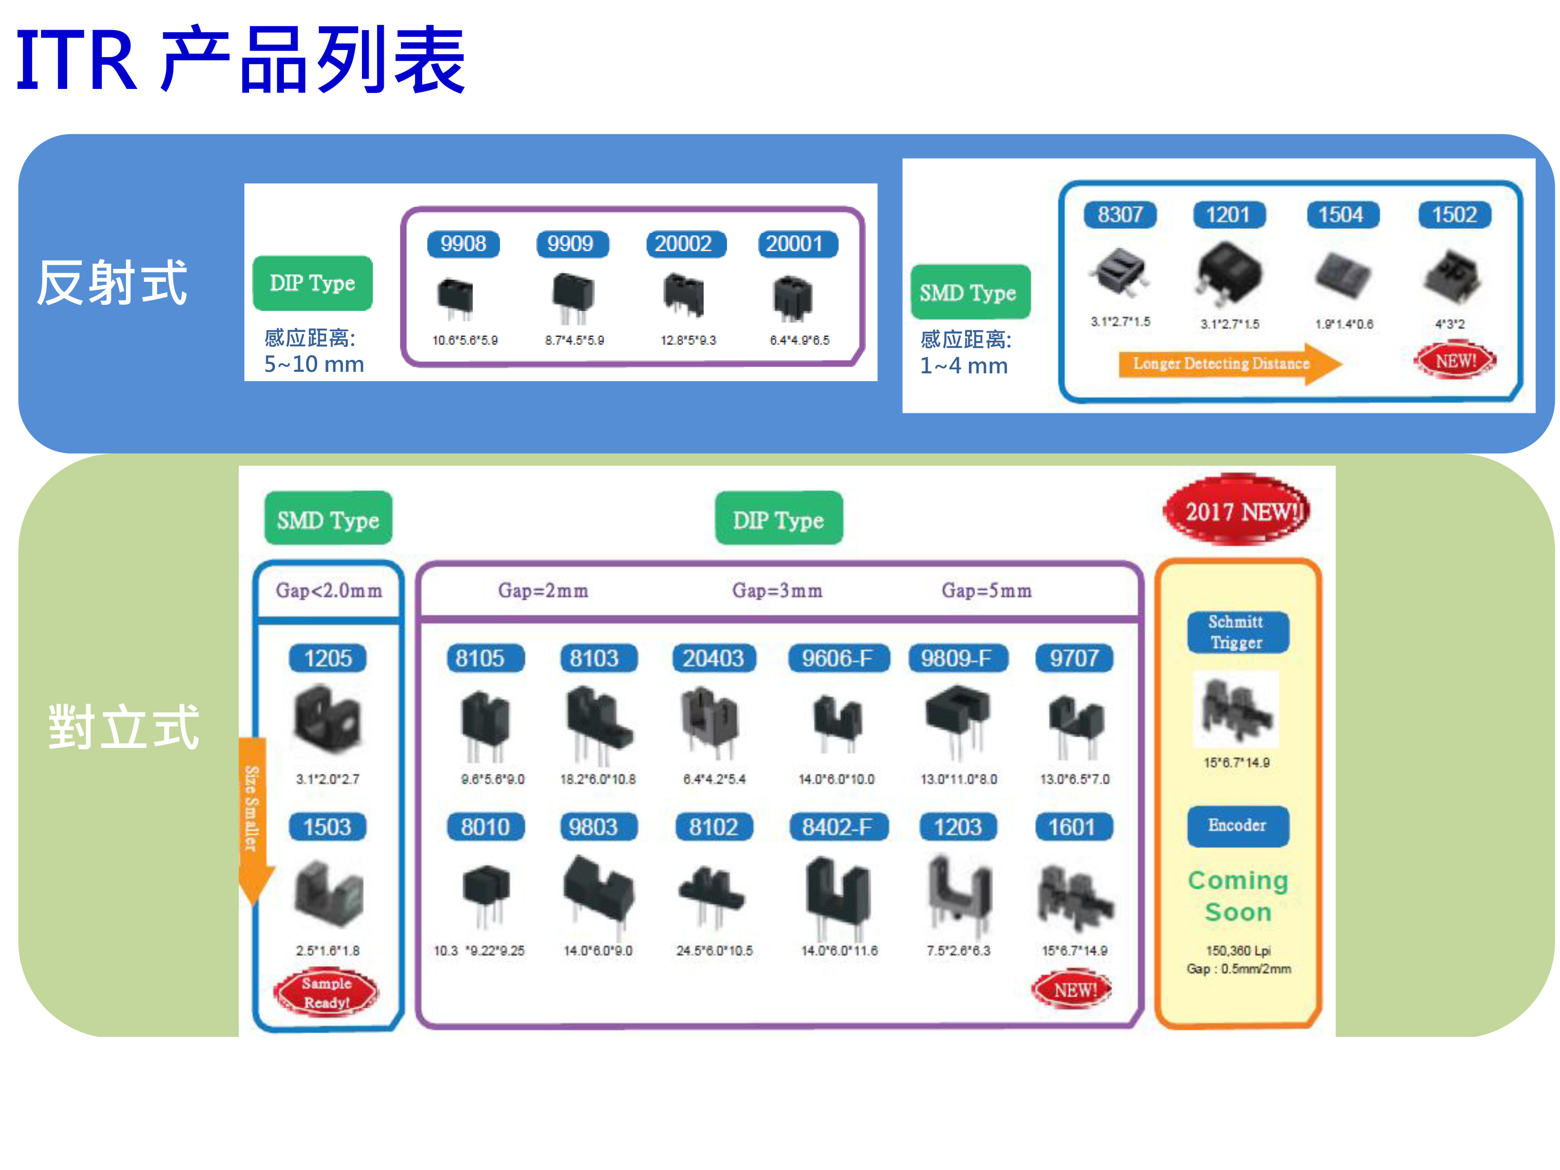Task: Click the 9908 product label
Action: (x=463, y=244)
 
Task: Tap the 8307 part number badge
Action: (x=1120, y=214)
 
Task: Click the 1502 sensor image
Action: (x=1451, y=276)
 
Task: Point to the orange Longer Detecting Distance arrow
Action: (x=1227, y=363)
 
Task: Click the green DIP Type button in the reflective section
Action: (x=313, y=283)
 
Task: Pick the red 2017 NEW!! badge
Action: (x=1236, y=511)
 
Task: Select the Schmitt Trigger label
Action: (x=1237, y=632)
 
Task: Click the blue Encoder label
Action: (x=1237, y=825)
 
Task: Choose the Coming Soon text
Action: (x=1238, y=895)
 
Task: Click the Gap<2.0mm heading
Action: (x=329, y=590)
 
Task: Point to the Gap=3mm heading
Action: (x=777, y=590)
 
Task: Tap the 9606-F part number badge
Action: (x=837, y=658)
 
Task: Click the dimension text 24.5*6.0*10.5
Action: (x=714, y=951)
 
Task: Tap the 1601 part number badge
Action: (x=1072, y=827)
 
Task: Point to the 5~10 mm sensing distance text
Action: (x=314, y=365)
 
